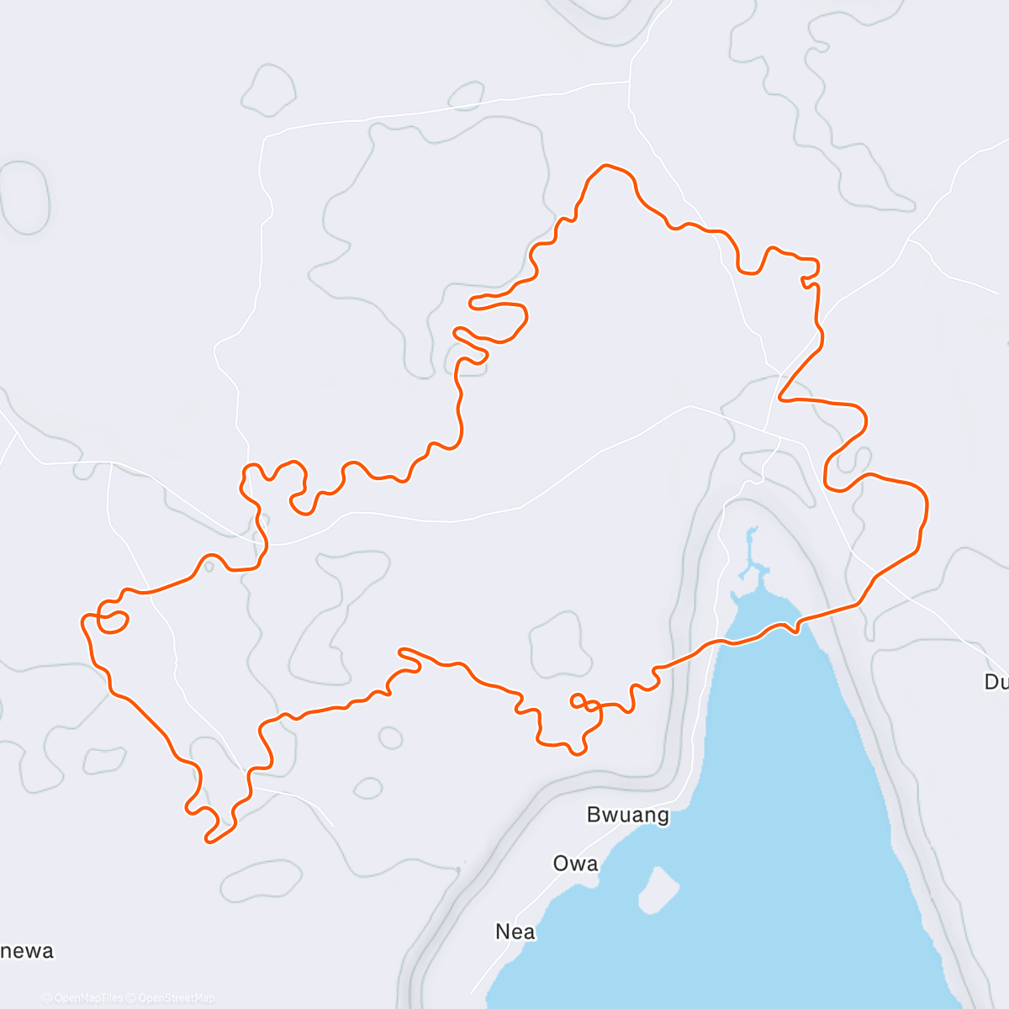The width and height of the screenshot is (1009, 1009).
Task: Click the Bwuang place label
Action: [x=627, y=815]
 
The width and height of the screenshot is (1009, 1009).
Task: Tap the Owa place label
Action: [x=576, y=864]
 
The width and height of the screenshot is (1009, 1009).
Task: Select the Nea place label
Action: [x=515, y=932]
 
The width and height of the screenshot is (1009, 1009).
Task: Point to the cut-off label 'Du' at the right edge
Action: [x=996, y=682]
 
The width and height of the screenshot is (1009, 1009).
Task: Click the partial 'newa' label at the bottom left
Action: [x=27, y=951]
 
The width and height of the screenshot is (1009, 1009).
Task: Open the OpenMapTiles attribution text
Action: [x=82, y=998]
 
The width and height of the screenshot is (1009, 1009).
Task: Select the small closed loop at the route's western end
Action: [x=113, y=621]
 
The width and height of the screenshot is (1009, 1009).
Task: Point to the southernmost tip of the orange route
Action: [x=209, y=840]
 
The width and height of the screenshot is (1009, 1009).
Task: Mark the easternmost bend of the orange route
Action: [x=926, y=504]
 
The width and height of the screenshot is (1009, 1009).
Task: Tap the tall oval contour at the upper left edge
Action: [x=24, y=198]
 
